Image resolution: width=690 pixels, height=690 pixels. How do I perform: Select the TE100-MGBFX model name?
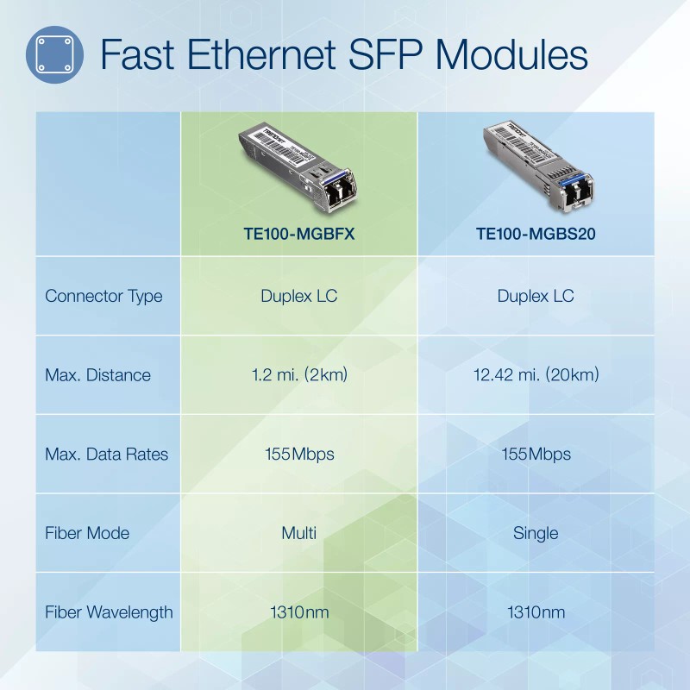coord(299,233)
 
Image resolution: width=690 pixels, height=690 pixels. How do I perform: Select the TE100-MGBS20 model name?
coord(536,233)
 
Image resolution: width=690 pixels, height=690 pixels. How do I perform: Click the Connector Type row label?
coord(103,296)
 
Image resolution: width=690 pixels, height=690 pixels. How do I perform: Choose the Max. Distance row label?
coord(97,375)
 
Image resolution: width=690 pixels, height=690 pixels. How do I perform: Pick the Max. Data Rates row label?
coord(106,455)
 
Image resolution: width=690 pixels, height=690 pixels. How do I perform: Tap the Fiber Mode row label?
coord(87,533)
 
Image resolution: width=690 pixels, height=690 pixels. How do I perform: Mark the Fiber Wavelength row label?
coord(109,612)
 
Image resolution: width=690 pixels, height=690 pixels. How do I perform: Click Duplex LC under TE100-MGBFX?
coord(299,296)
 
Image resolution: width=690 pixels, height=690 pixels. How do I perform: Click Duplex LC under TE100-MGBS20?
coord(536,296)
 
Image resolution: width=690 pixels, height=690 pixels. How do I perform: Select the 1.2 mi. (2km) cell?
coord(299,375)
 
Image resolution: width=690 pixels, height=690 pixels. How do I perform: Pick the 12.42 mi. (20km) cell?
coord(536,375)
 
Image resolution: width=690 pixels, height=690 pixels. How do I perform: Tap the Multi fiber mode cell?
coord(299,533)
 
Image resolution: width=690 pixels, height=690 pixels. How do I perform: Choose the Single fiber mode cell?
coord(536,533)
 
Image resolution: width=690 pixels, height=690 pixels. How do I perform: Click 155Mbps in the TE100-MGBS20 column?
coord(536,455)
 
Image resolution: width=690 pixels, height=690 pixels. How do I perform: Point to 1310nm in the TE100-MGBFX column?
coord(299,612)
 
